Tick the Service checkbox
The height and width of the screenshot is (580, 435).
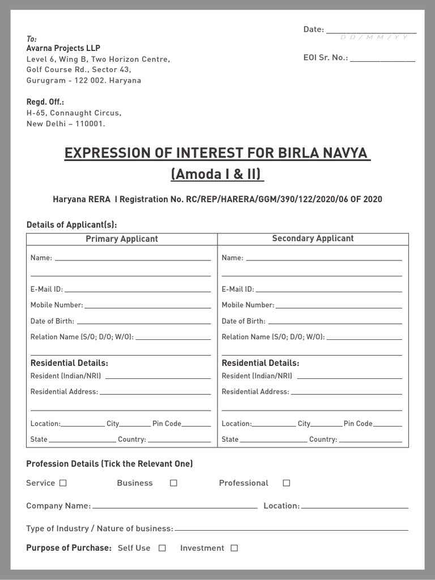point(63,483)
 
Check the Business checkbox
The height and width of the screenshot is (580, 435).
point(173,483)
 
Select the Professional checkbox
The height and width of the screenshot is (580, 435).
point(286,483)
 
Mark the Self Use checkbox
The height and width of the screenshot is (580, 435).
point(162,548)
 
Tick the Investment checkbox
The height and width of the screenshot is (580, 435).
point(234,548)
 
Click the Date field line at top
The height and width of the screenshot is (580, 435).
point(371,32)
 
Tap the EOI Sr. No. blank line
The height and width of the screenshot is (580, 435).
point(382,59)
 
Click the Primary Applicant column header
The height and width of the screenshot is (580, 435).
point(122,239)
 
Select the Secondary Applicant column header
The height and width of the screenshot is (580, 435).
point(313,238)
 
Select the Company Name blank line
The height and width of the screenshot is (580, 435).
point(174,507)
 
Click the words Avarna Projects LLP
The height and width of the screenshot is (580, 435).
point(63,49)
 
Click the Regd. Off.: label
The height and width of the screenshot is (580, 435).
point(45,102)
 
